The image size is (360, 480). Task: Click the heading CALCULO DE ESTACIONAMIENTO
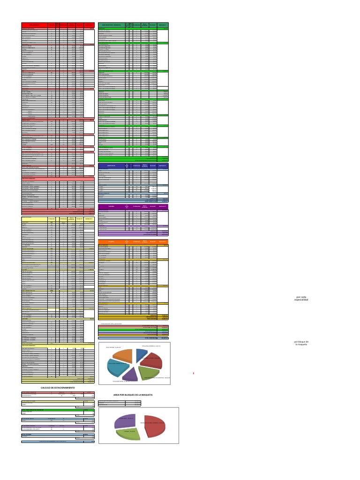click(x=58, y=388)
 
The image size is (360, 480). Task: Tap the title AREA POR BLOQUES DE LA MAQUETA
click(x=133, y=395)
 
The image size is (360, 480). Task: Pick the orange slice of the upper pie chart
click(x=124, y=356)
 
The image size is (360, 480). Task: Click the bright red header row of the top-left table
click(x=58, y=25)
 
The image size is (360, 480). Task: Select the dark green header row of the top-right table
click(x=133, y=25)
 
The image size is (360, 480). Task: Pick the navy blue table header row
click(x=133, y=166)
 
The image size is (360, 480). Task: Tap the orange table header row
click(x=133, y=242)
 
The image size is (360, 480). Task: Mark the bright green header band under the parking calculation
click(x=58, y=409)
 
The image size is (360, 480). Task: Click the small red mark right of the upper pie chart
click(x=194, y=373)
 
